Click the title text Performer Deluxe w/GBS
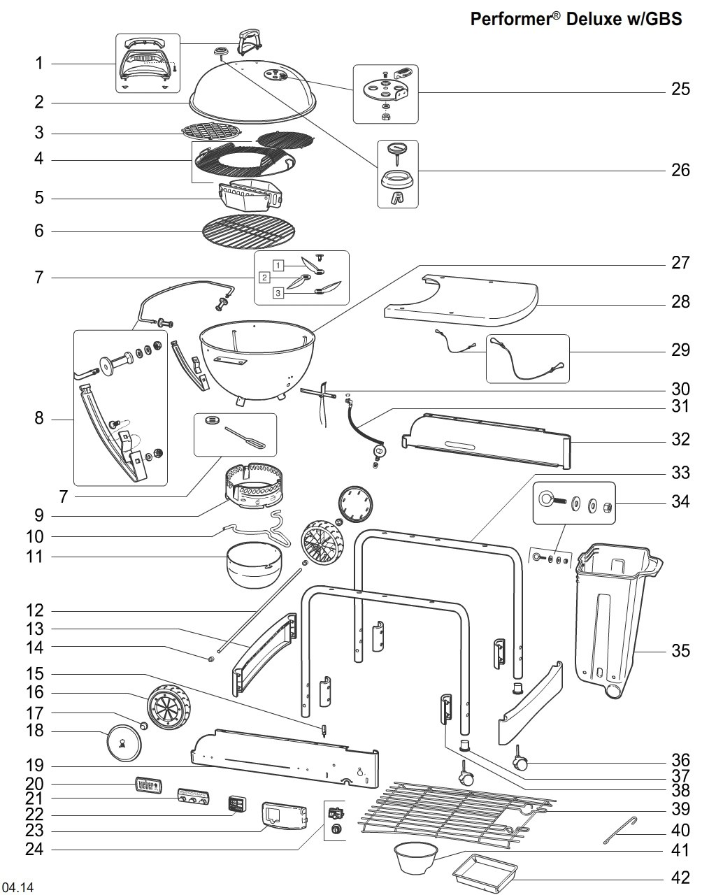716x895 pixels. pos(575,19)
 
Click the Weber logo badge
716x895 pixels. pos(148,785)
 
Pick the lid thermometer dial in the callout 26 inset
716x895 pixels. pos(398,149)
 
